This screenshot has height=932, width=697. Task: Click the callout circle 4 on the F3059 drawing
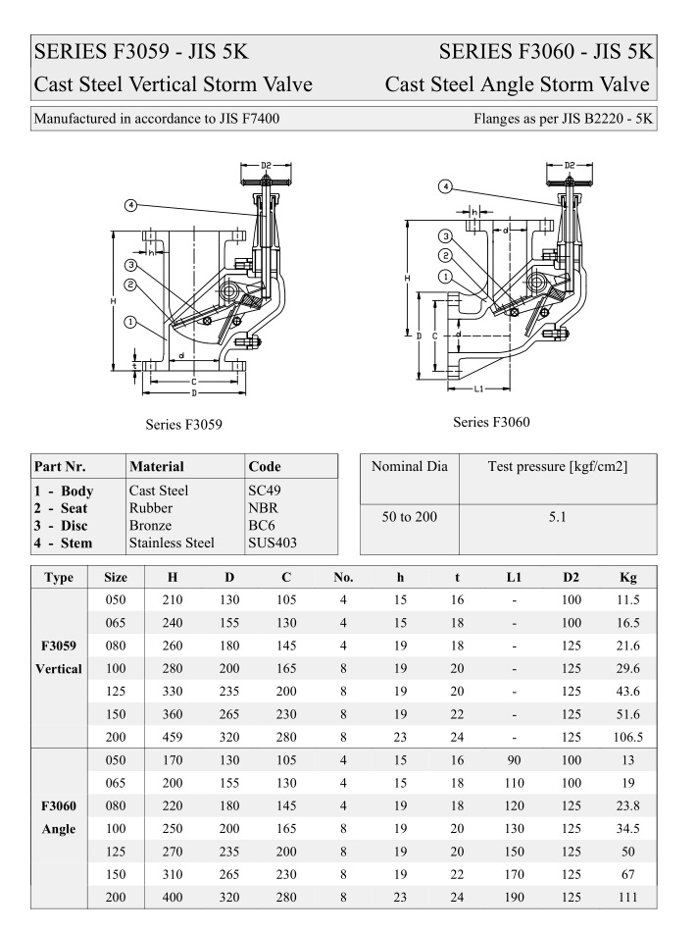point(130,205)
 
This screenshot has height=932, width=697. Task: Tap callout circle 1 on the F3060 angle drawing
point(445,278)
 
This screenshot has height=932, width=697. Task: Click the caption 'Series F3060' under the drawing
point(491,423)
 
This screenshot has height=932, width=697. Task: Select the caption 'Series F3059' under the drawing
point(183,424)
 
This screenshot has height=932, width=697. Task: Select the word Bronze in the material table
point(150,525)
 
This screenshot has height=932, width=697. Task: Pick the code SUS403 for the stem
point(273,543)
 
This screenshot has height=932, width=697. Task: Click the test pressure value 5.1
point(557,516)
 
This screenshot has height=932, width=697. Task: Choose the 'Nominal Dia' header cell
point(409,467)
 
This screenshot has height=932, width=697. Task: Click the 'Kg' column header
point(628,577)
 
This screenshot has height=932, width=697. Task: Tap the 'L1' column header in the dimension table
point(514,577)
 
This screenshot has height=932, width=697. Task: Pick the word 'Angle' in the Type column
point(59,829)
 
